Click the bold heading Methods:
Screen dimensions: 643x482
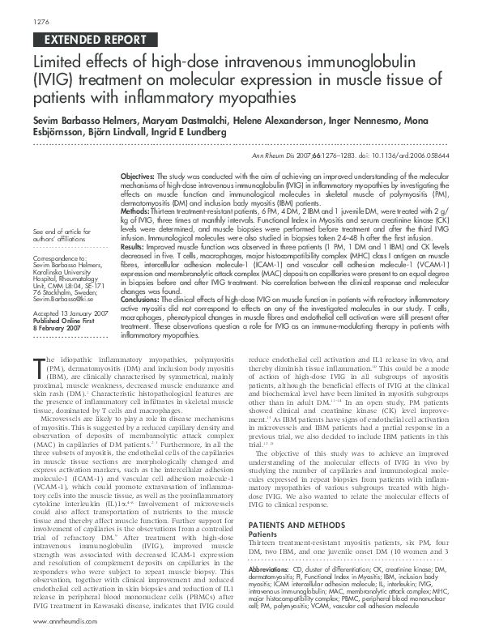134,208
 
